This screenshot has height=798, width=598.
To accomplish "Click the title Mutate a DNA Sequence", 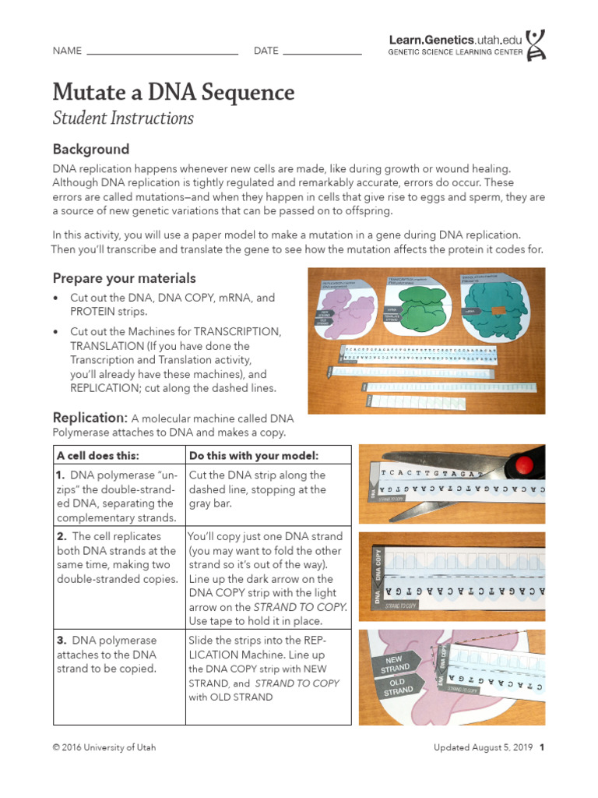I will [x=173, y=93].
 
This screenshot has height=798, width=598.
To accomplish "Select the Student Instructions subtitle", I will [x=122, y=118].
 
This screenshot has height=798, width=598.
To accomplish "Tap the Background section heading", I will [x=90, y=149].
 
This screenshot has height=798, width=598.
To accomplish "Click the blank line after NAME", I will [x=162, y=53].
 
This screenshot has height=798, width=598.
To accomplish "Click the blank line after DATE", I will [x=322, y=53].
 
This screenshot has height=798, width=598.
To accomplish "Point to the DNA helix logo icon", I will [x=536, y=45].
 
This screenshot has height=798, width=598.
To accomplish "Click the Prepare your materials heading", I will [x=124, y=278].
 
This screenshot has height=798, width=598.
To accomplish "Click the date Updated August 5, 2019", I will [x=483, y=747].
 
